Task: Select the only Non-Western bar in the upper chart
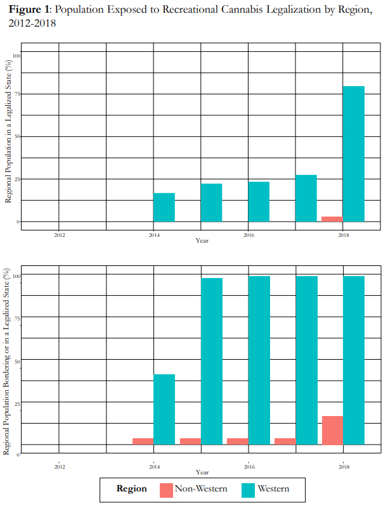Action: pyautogui.click(x=332, y=219)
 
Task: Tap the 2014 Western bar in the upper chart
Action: pyautogui.click(x=164, y=207)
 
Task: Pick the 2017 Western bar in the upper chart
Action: pyautogui.click(x=306, y=198)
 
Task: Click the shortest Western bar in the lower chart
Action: pyautogui.click(x=164, y=409)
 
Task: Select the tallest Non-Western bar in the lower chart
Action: pyautogui.click(x=332, y=430)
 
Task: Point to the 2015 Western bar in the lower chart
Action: pyautogui.click(x=212, y=361)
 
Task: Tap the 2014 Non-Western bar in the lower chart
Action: pyautogui.click(x=143, y=441)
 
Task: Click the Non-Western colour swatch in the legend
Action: pyautogui.click(x=165, y=489)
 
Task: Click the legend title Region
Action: pyautogui.click(x=131, y=489)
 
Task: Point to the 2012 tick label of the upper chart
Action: pyautogui.click(x=59, y=235)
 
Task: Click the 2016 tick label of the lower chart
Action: pyautogui.click(x=249, y=466)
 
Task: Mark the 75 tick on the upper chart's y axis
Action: pyautogui.click(x=17, y=94)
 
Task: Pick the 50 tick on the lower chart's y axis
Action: pyautogui.click(x=17, y=360)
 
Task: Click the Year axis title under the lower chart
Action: pyautogui.click(x=202, y=472)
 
